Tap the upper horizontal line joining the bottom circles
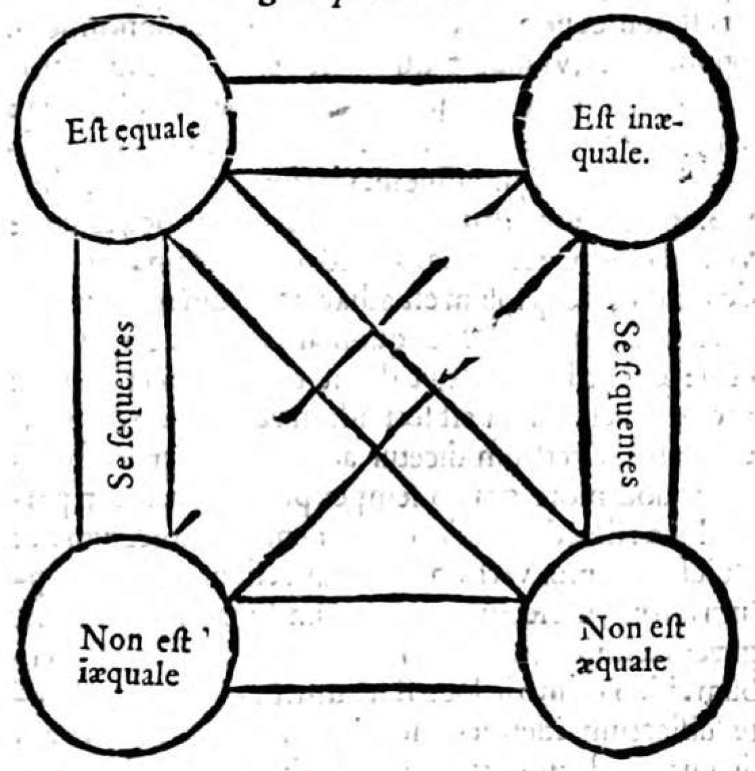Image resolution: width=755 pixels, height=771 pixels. [376, 600]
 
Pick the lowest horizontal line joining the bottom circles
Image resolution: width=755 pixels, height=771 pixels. [376, 689]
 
